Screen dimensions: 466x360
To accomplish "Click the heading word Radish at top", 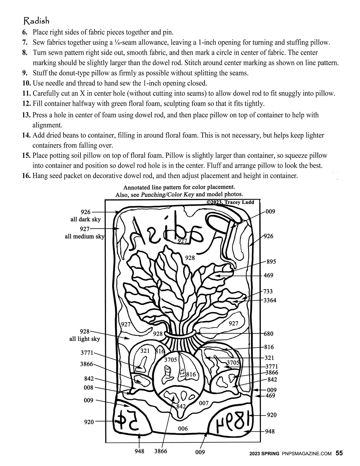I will [36, 21].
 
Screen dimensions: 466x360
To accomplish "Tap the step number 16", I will [27, 176].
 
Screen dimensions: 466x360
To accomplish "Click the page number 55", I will [339, 453].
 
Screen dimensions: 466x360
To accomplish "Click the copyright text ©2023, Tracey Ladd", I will [230, 202].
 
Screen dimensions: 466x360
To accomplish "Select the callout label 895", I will [271, 262].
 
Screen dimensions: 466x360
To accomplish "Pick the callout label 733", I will [268, 291].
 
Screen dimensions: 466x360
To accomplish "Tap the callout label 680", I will [268, 334].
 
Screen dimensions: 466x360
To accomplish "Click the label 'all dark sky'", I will [85, 219].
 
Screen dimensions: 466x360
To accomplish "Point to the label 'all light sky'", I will [84, 339].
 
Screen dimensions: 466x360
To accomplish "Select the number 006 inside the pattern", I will [183, 429].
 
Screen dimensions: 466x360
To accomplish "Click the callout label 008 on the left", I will [89, 388].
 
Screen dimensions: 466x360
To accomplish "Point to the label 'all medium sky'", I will [84, 236].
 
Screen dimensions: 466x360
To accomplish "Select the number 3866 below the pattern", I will [161, 451].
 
